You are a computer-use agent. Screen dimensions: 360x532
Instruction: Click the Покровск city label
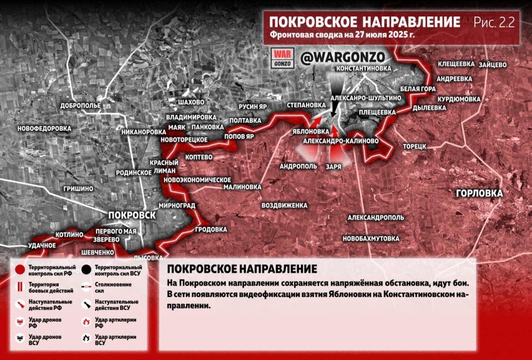tap(132, 215)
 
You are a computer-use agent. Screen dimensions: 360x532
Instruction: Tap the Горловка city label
tap(479, 193)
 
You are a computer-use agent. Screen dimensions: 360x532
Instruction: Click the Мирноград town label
tap(177, 205)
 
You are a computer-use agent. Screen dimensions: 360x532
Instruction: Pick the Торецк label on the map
tap(414, 146)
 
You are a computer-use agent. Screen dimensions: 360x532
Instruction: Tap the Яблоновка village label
tap(311, 132)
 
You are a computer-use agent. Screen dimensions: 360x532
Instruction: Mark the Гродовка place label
tap(211, 229)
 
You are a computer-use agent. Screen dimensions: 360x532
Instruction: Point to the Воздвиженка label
tap(284, 205)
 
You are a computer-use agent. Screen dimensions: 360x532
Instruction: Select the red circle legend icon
tap(21, 270)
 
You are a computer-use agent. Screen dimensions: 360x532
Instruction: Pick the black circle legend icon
tap(86, 270)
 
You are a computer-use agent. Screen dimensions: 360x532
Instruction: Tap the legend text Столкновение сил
tap(110, 287)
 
